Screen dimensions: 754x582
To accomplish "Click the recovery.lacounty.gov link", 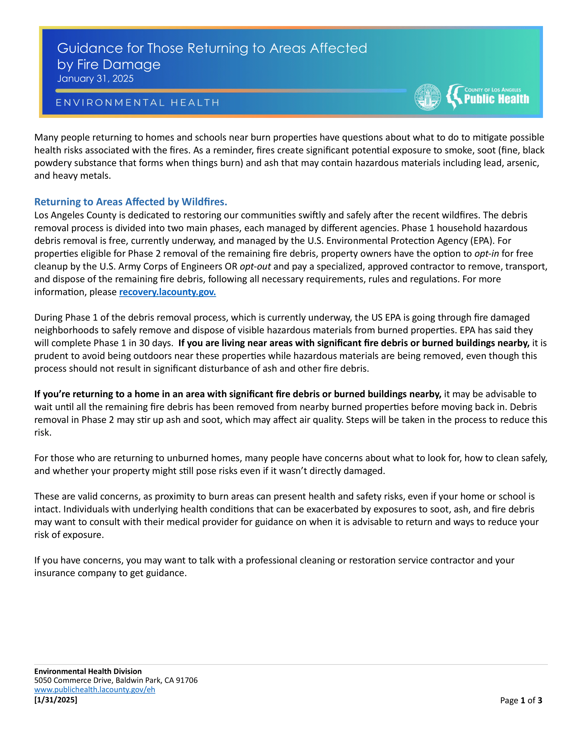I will click(167, 292).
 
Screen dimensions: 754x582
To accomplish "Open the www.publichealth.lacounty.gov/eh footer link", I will click(94, 690).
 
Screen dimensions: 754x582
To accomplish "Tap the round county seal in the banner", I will click(428, 97).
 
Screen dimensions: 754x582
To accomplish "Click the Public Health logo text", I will click(496, 99).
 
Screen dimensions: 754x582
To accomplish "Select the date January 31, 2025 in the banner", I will click(95, 79).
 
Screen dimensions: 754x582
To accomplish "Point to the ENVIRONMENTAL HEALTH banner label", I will click(138, 103).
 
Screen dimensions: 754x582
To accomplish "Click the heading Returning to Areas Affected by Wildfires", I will click(131, 202).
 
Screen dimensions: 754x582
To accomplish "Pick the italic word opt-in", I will click(486, 254).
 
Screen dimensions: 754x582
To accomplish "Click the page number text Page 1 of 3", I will click(521, 700).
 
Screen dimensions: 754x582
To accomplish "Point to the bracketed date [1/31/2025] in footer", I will click(55, 700).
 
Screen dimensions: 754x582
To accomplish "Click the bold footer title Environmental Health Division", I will click(88, 671).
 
